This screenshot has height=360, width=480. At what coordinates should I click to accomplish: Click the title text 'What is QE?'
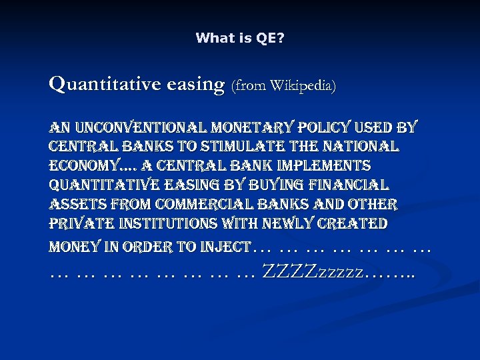click(240, 39)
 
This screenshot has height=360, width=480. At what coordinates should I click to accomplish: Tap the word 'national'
click(361, 146)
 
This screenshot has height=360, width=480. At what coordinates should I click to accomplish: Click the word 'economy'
click(79, 165)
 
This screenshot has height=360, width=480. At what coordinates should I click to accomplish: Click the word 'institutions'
click(173, 223)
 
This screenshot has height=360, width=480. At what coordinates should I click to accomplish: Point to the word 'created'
click(351, 223)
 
